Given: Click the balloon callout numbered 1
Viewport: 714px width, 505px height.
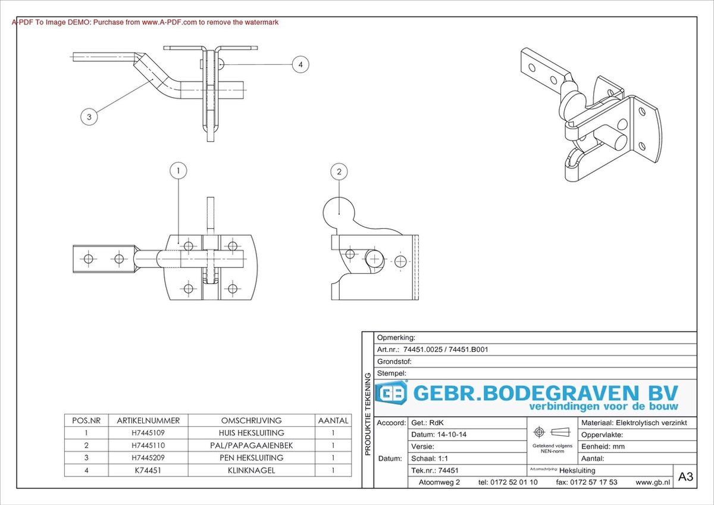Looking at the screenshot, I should click(178, 171).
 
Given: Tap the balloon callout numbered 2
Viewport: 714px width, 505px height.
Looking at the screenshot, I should click(339, 172).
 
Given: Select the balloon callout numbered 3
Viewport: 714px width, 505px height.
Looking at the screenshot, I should click(89, 117).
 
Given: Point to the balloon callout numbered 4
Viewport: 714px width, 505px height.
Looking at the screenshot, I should click(300, 64).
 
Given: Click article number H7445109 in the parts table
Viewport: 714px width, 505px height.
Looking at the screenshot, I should click(148, 433).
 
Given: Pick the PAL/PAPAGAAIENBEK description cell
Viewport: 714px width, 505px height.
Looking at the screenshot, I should click(251, 445).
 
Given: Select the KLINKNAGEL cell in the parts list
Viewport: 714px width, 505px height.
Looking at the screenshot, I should click(251, 470).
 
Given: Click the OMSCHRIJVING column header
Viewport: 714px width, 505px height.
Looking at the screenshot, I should click(251, 420).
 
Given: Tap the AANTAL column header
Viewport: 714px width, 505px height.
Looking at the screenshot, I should click(333, 420).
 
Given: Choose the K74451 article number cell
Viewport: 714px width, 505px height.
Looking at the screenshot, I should click(148, 470).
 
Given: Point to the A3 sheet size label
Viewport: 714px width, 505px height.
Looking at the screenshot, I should click(685, 476).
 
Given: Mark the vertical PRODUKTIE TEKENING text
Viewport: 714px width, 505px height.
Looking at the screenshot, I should click(368, 414).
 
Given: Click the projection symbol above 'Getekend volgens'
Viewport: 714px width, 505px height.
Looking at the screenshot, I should click(552, 432).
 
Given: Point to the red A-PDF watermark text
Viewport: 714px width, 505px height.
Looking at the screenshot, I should click(145, 22).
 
